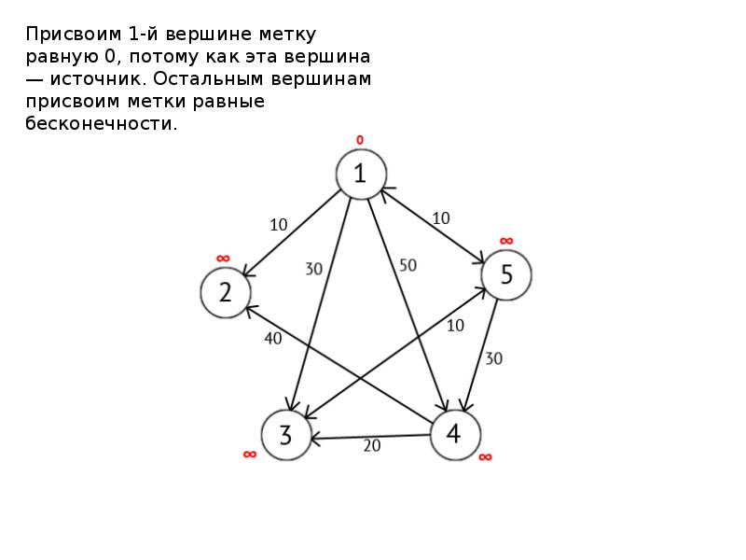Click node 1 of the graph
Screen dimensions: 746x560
click(x=361, y=175)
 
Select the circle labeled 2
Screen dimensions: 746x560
click(x=226, y=292)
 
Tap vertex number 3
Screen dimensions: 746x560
click(x=286, y=435)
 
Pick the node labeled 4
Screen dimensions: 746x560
click(x=455, y=435)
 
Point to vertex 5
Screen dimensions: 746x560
click(x=506, y=274)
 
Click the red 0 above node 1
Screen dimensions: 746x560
click(x=360, y=140)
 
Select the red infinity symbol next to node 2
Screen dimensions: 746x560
click(x=223, y=259)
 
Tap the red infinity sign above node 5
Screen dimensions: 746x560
click(x=506, y=241)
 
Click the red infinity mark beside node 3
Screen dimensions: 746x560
click(x=250, y=455)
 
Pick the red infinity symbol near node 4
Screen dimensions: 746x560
click(x=485, y=457)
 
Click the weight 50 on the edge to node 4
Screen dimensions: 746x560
click(x=408, y=265)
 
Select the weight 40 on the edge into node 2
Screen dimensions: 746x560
click(x=273, y=338)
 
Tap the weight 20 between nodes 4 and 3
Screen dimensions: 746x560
click(x=372, y=446)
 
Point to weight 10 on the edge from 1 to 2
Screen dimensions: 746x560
click(x=278, y=225)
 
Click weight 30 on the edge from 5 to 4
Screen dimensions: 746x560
click(x=494, y=358)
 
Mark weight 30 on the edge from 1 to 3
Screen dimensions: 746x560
click(x=314, y=269)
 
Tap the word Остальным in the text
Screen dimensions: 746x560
click(x=208, y=78)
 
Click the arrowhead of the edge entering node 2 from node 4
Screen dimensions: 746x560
click(x=249, y=309)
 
